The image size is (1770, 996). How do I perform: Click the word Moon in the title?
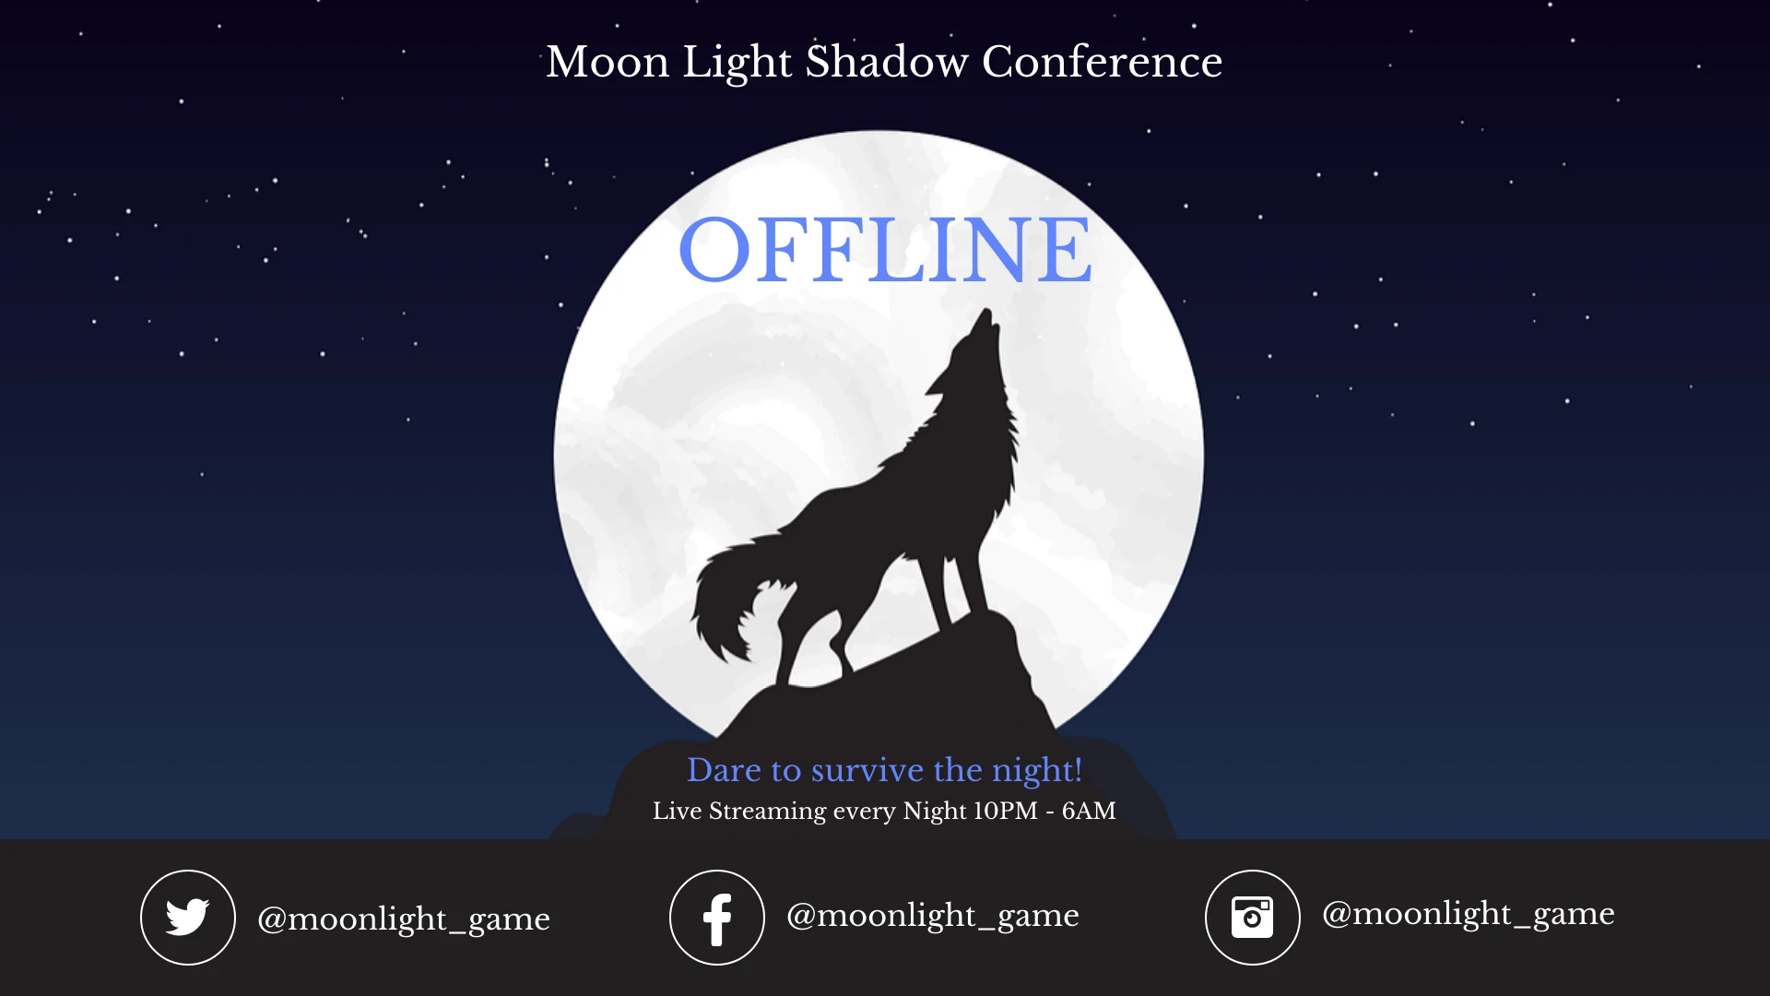(x=608, y=63)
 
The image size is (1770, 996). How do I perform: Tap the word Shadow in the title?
(x=887, y=63)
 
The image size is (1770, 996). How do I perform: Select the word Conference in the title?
(x=1102, y=63)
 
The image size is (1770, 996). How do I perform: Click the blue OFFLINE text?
(x=885, y=250)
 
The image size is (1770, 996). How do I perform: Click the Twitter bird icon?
(x=188, y=918)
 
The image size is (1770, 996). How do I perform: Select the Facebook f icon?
(x=717, y=919)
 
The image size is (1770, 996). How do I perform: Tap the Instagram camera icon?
(x=1253, y=918)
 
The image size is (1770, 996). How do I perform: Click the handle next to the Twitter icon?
(x=404, y=919)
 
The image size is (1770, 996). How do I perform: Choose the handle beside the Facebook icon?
(x=932, y=915)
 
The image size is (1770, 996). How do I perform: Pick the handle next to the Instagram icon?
(x=1468, y=913)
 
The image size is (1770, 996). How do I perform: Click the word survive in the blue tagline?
(x=867, y=770)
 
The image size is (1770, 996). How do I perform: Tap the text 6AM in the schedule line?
(x=1089, y=812)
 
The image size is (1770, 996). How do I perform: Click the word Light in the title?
(x=737, y=63)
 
